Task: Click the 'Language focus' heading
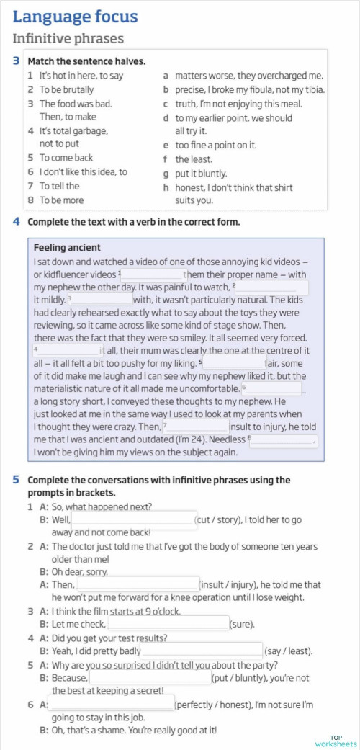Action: coord(75,16)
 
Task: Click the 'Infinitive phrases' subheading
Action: coord(68,39)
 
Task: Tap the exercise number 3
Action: coord(16,61)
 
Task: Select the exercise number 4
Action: coord(16,221)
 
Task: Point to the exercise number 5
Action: coord(16,479)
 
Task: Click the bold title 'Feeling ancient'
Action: coord(67,248)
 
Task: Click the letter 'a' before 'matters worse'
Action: coord(166,76)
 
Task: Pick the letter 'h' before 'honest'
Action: coord(166,187)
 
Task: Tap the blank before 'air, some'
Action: coord(235,362)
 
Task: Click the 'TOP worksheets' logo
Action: coord(336,741)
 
